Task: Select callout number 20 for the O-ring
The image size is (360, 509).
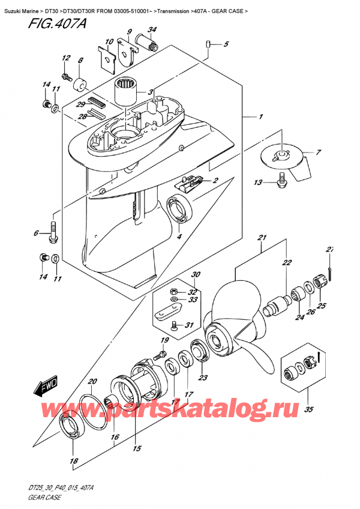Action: pos(91,382)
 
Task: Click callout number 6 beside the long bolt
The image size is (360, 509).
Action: pos(37,233)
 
